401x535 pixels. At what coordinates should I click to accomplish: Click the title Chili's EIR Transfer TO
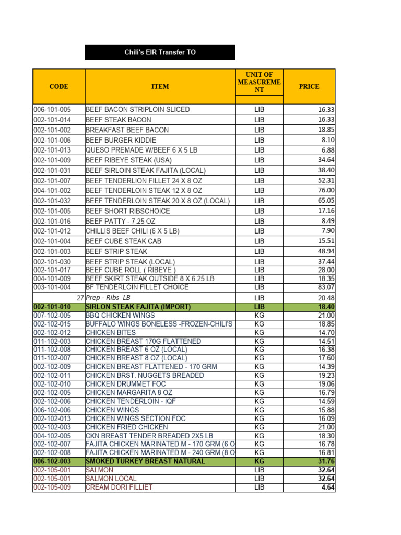click(160, 52)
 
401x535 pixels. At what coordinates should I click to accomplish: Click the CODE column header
click(58, 86)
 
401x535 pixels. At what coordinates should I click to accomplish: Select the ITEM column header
click(160, 86)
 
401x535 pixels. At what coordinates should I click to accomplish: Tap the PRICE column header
click(309, 86)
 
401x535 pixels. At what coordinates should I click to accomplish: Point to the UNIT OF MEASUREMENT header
click(259, 82)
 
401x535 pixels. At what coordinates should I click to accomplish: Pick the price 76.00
click(326, 191)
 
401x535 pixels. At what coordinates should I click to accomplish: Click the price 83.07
click(326, 287)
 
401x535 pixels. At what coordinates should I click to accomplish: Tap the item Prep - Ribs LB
click(108, 297)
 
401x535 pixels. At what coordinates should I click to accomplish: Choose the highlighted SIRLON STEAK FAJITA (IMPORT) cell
click(138, 307)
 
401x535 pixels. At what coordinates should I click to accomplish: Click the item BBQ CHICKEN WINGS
click(120, 316)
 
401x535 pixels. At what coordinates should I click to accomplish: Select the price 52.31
click(326, 180)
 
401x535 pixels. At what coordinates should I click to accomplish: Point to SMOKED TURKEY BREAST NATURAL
click(145, 461)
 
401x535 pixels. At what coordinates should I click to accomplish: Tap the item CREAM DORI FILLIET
click(119, 487)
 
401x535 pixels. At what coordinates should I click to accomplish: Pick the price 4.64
click(327, 487)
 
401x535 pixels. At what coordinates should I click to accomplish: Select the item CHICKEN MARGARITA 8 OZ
click(128, 392)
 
